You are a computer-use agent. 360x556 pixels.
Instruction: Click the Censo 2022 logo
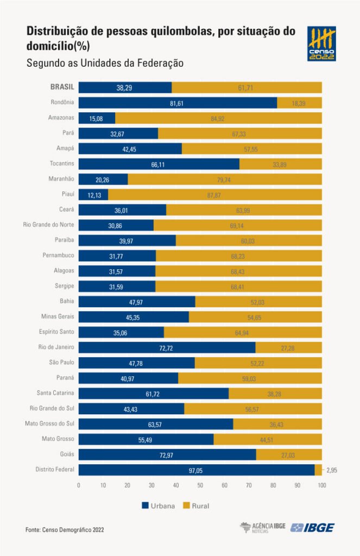pyautogui.click(x=321, y=43)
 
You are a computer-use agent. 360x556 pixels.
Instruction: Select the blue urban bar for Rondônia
pyautogui.click(x=178, y=103)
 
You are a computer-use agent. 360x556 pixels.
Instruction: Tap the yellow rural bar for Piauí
pyautogui.click(x=215, y=194)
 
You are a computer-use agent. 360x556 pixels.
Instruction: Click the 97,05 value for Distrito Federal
pyautogui.click(x=196, y=470)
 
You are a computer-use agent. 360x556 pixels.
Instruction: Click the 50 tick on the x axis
pyautogui.click(x=200, y=485)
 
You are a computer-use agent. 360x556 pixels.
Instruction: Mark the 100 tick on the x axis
pyautogui.click(x=322, y=485)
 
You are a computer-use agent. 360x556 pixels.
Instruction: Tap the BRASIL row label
pyautogui.click(x=62, y=87)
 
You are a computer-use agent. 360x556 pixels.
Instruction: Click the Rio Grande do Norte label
pyautogui.click(x=48, y=225)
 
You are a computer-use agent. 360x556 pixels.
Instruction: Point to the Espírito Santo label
pyautogui.click(x=55, y=332)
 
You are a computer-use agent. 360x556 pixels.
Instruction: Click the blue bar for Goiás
pyautogui.click(x=167, y=454)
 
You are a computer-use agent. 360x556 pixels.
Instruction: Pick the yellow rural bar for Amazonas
pyautogui.click(x=218, y=118)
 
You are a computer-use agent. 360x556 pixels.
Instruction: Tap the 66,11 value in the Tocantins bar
pyautogui.click(x=159, y=164)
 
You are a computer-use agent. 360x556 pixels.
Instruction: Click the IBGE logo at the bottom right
pyautogui.click(x=312, y=528)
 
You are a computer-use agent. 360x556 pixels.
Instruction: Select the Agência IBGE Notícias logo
pyautogui.click(x=262, y=528)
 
